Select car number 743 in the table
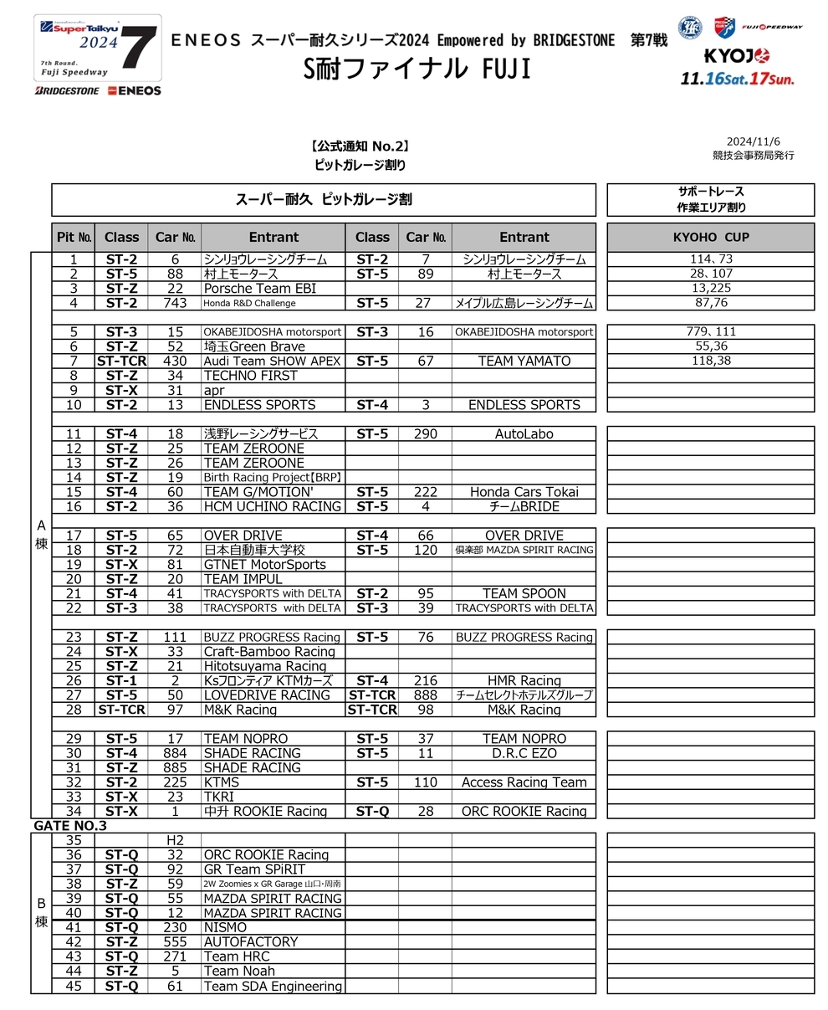(175, 303)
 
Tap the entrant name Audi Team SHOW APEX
(272, 361)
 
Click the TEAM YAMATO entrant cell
(524, 361)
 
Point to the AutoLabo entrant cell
(524, 434)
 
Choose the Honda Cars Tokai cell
(524, 492)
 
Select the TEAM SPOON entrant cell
(524, 594)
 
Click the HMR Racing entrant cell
(524, 681)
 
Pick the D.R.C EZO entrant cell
(524, 753)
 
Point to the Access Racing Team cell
(524, 782)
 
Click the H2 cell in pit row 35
(175, 840)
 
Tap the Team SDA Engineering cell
(272, 986)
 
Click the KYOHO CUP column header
(710, 237)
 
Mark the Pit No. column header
(74, 237)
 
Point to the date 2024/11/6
(754, 141)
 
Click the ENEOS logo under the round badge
(134, 90)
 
